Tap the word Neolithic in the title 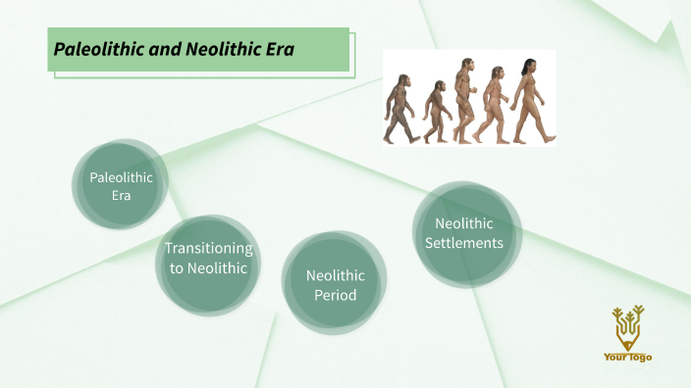pos(218,48)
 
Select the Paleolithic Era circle pos(122,185)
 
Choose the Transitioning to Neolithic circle pos(208,259)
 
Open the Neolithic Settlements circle pos(464,233)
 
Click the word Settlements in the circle pos(464,243)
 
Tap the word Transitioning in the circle pos(208,249)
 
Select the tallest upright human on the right pos(529,99)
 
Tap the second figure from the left pos(436,112)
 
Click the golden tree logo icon pos(627,327)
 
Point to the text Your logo pos(627,358)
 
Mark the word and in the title pos(161,48)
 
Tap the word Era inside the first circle pos(122,195)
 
